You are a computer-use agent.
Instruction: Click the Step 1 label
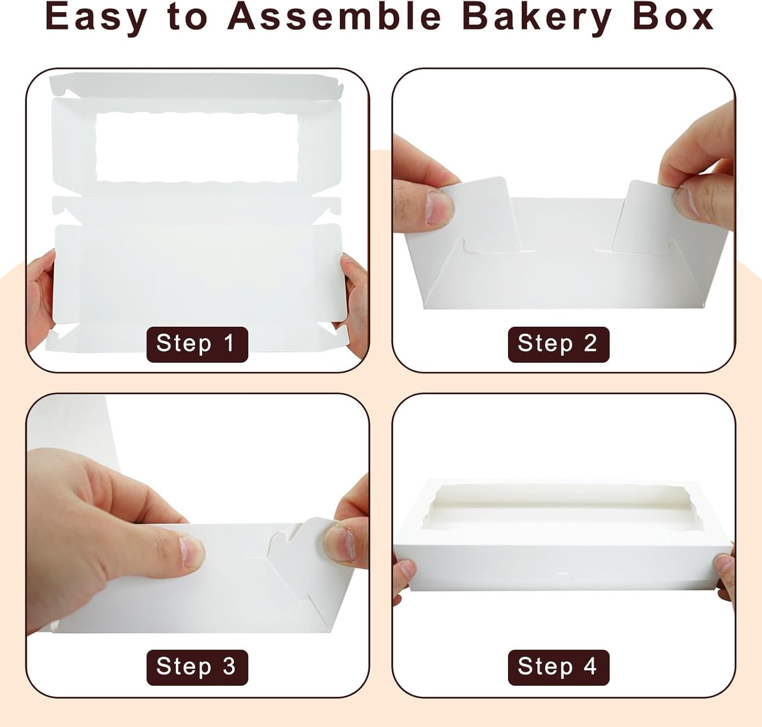[x=197, y=344]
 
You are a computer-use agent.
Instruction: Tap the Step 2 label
[x=558, y=344]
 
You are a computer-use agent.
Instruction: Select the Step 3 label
[x=197, y=667]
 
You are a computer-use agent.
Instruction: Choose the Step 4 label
[x=558, y=667]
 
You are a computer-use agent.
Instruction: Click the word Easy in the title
[x=96, y=18]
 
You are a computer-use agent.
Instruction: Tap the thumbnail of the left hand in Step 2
[x=440, y=207]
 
